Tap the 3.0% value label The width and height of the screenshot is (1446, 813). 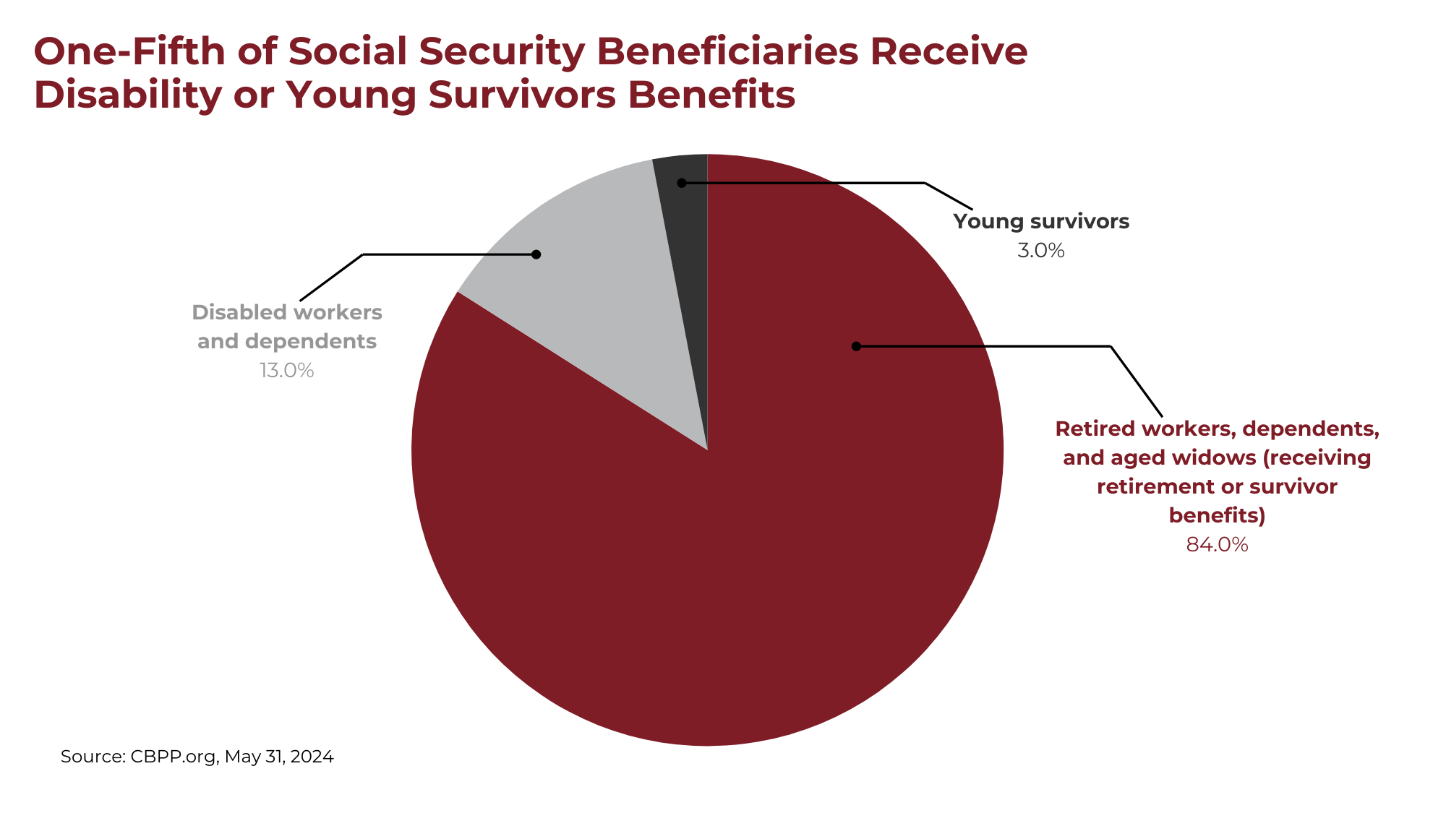tap(1041, 251)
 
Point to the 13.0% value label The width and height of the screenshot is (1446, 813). tap(287, 371)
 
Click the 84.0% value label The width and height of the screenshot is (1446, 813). tap(1218, 545)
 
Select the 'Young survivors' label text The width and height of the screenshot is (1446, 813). tap(1041, 221)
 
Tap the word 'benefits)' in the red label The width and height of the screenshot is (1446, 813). tap(1218, 515)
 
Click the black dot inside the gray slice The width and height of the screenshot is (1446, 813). tap(536, 254)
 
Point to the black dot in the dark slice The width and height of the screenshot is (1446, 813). tap(681, 183)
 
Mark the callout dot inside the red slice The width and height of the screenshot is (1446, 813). tap(856, 346)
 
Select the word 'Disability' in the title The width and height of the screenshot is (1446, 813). tap(127, 95)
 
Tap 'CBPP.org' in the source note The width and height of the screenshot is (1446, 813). tap(174, 757)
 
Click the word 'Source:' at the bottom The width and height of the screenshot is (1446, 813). tap(93, 757)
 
